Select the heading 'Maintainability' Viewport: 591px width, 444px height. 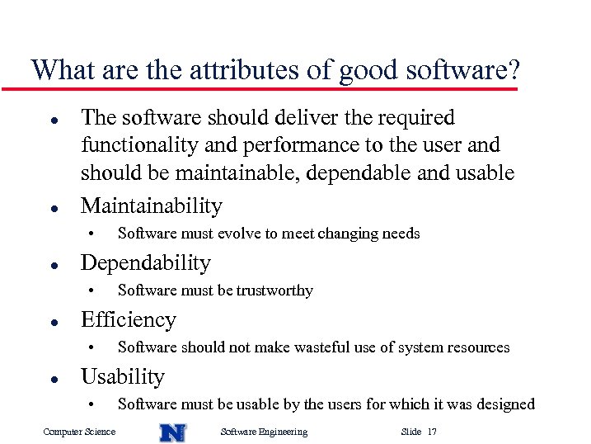(x=152, y=205)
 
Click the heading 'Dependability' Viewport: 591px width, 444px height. (x=146, y=262)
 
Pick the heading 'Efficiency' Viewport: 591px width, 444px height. (x=129, y=319)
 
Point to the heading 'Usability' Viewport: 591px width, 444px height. (x=123, y=376)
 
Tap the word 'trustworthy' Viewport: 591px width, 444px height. (x=274, y=290)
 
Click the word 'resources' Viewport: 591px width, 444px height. (x=477, y=347)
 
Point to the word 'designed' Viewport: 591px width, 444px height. (x=505, y=404)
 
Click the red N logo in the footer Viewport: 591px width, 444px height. (x=172, y=432)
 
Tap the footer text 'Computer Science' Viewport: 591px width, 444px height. (x=79, y=432)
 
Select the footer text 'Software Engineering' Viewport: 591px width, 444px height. (x=265, y=432)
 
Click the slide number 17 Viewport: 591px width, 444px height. (x=433, y=432)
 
